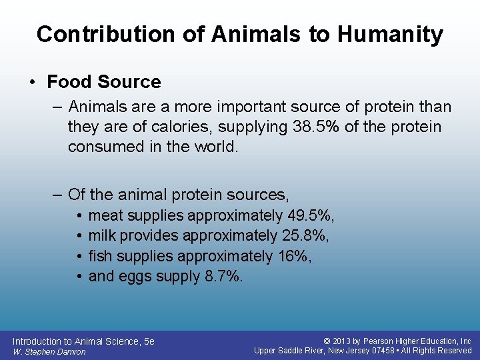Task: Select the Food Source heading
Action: pyautogui.click(x=104, y=82)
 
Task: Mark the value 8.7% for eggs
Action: pyautogui.click(x=221, y=276)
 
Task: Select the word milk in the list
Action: pyautogui.click(x=103, y=235)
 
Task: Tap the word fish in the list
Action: pyautogui.click(x=101, y=256)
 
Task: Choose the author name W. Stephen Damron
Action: pyautogui.click(x=49, y=351)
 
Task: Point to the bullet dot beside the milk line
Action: pyautogui.click(x=79, y=236)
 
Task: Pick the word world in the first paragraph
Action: pyautogui.click(x=217, y=147)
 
